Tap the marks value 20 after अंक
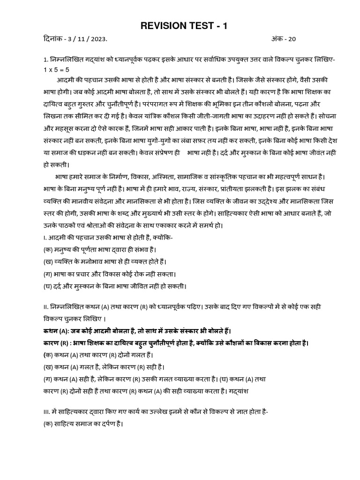[x=292, y=39]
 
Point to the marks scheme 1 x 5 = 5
[x=56, y=70]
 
